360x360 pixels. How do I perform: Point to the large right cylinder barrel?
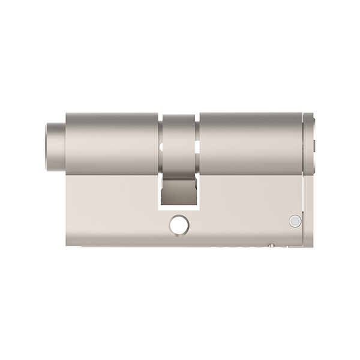tap(252, 141)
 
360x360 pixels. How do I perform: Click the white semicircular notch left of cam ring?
tap(160, 146)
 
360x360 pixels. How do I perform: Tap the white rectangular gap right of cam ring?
tap(197, 148)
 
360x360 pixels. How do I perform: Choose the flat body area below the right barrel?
tap(246, 204)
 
